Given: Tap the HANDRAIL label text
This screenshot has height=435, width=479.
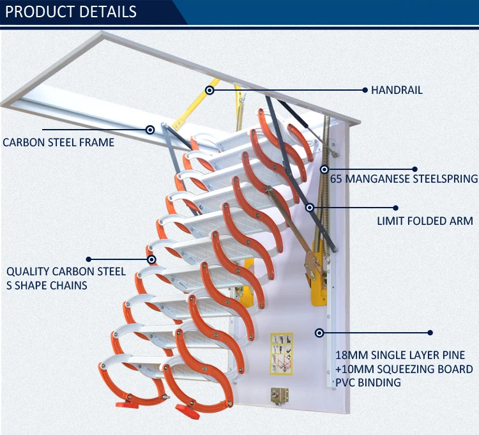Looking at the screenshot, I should pyautogui.click(x=397, y=91).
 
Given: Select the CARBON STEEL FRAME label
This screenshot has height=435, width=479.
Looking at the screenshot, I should pyautogui.click(x=59, y=142).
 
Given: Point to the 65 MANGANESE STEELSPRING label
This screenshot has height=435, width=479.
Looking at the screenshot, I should pyautogui.click(x=403, y=179).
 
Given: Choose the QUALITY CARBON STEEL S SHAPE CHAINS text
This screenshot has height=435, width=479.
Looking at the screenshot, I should pyautogui.click(x=66, y=279).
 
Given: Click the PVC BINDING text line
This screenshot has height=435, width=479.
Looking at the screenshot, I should pyautogui.click(x=369, y=383).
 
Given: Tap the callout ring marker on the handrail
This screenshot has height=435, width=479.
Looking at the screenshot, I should pyautogui.click(x=209, y=91).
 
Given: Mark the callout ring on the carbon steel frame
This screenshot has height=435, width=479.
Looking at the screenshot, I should pyautogui.click(x=150, y=130).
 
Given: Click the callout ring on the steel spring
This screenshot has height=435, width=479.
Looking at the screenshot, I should pyautogui.click(x=324, y=170).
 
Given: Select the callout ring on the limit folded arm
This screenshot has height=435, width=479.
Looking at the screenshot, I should pyautogui.click(x=310, y=208).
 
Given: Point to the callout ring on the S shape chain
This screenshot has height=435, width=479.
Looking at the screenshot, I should pyautogui.click(x=151, y=259).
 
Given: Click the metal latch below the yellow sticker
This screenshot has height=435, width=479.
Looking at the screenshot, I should pyautogui.click(x=278, y=396).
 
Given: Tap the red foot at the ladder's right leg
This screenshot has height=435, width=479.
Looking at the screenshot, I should pyautogui.click(x=184, y=409).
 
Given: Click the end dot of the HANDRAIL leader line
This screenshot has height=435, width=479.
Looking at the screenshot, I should pyautogui.click(x=365, y=91).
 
